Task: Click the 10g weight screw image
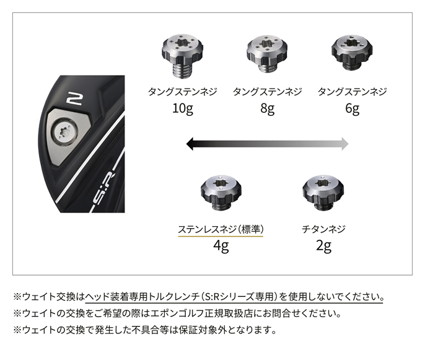click(182, 56)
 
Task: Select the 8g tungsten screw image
click(267, 54)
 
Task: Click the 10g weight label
click(183, 109)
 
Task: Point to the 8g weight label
click(267, 109)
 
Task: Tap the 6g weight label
click(352, 109)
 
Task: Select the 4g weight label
click(221, 247)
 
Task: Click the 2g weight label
click(323, 247)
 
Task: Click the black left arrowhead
click(190, 144)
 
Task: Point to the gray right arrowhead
click(345, 144)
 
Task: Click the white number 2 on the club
click(74, 99)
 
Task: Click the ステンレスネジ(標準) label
click(221, 229)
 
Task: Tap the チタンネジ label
click(323, 229)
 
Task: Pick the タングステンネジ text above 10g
click(182, 92)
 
